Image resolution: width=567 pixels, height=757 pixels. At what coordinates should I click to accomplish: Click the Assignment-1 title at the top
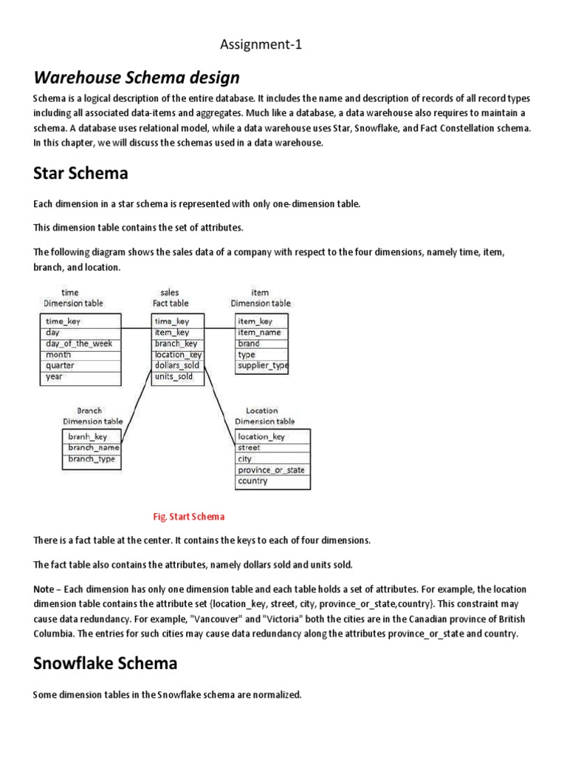(x=261, y=46)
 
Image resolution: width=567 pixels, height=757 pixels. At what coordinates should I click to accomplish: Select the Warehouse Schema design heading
(x=137, y=78)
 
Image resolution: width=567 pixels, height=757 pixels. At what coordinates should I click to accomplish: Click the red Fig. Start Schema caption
(x=188, y=517)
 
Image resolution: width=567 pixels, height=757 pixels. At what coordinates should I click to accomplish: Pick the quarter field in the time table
(x=60, y=366)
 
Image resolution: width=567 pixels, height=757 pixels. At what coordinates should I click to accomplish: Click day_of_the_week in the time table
(x=78, y=344)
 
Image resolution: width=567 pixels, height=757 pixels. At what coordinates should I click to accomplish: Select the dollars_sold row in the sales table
(x=176, y=366)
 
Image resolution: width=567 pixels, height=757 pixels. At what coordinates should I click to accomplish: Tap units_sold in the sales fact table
(x=173, y=377)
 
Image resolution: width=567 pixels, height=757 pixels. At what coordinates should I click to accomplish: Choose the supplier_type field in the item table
(x=262, y=366)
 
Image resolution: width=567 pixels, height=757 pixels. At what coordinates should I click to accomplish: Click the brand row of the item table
(x=249, y=344)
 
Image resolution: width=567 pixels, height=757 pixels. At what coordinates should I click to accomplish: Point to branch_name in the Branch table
(x=93, y=448)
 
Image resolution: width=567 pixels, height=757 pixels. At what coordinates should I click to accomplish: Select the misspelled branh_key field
(x=88, y=437)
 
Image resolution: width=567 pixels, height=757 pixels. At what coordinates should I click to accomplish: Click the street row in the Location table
(x=249, y=448)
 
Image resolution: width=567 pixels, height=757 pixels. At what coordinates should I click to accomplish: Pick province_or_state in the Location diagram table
(x=271, y=470)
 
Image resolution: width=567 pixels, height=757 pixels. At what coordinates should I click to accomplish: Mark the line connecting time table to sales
(x=137, y=328)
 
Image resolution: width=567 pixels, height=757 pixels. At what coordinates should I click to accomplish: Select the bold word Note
(x=45, y=589)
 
